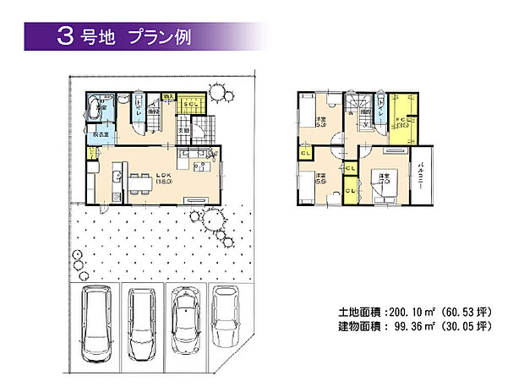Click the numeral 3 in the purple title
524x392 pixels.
tap(65, 35)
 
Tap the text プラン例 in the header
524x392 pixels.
tap(156, 36)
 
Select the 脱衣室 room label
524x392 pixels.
tap(98, 133)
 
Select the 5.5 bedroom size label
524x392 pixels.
tap(321, 179)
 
